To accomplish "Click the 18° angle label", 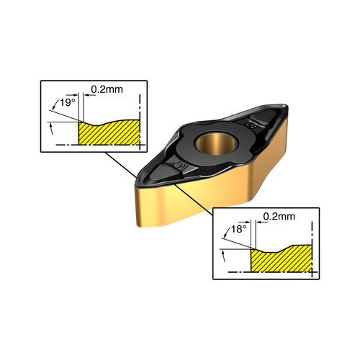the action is click(238, 229).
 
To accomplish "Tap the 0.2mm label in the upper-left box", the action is click(107, 89).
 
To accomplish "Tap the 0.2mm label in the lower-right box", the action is click(279, 217).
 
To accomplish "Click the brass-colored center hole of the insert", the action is click(216, 144).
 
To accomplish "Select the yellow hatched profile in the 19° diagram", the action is click(109, 132).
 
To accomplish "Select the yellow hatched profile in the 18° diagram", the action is click(282, 258).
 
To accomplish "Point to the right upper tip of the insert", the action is click(286, 106).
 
